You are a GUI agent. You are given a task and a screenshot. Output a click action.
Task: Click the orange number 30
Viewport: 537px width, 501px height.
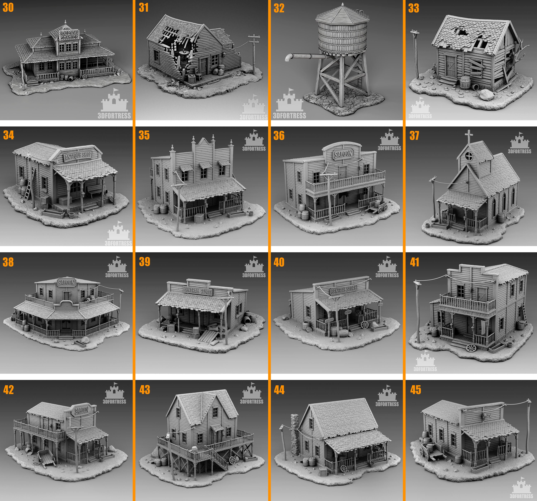click(8, 8)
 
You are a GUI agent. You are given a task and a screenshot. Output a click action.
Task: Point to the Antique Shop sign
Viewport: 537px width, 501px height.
click(78, 156)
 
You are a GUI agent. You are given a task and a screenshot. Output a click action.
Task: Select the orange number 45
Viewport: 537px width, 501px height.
click(415, 390)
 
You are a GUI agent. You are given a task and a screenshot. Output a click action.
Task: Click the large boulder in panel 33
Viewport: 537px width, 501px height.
click(486, 95)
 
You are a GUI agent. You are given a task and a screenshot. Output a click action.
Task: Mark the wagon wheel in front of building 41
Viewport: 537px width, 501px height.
click(471, 348)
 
